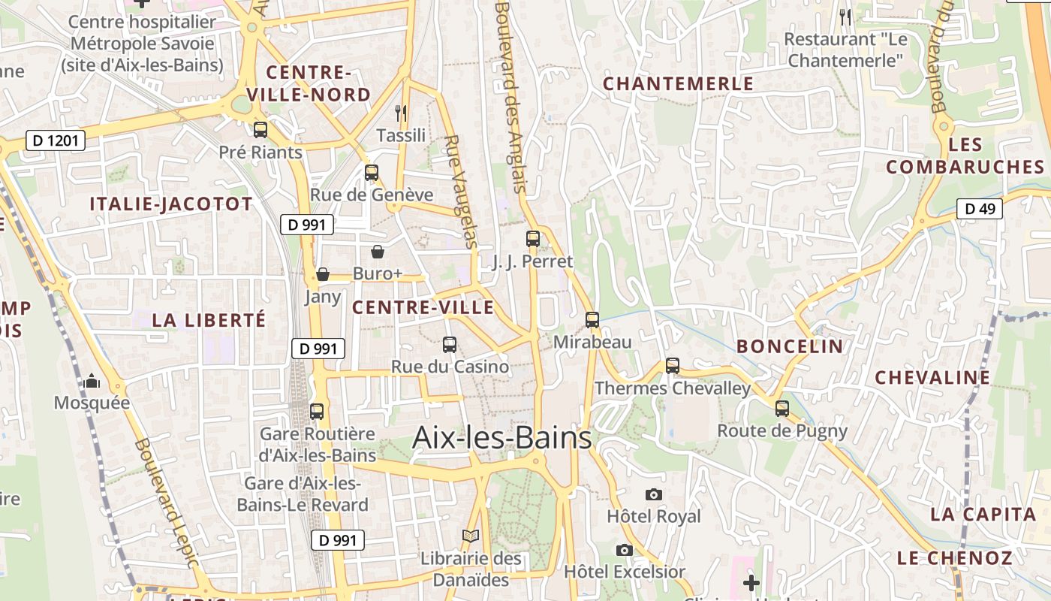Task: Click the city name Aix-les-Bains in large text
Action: (x=501, y=437)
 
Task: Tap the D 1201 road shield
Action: (x=56, y=140)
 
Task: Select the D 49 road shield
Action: (x=980, y=209)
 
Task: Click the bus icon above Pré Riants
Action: (x=260, y=130)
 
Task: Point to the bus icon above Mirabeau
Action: (x=592, y=320)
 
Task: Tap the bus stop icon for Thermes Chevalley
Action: (x=673, y=366)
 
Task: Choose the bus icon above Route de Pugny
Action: (x=782, y=409)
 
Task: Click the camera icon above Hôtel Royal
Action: (x=654, y=494)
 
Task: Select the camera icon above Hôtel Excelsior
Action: (x=624, y=550)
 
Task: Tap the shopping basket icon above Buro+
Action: (x=378, y=252)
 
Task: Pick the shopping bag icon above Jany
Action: (x=323, y=274)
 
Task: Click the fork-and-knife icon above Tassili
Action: (x=401, y=113)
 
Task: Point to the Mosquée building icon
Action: (x=92, y=381)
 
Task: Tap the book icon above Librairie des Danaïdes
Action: (x=471, y=536)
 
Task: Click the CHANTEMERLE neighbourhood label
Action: (x=678, y=83)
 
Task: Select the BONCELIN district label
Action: (x=790, y=346)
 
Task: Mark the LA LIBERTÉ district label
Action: (x=209, y=320)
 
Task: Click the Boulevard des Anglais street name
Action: (x=510, y=98)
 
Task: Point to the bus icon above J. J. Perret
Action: (x=533, y=239)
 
